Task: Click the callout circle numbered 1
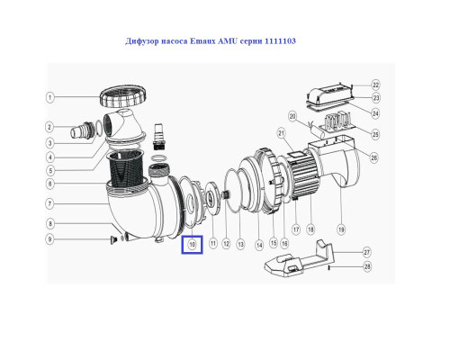pyautogui.click(x=50, y=97)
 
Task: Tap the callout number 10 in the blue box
pyautogui.click(x=192, y=245)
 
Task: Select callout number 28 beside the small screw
pyautogui.click(x=367, y=266)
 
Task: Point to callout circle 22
pyautogui.click(x=375, y=85)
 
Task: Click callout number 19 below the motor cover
pyautogui.click(x=341, y=230)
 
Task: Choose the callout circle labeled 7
pyautogui.click(x=50, y=204)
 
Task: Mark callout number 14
pyautogui.click(x=259, y=246)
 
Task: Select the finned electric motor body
pyautogui.click(x=303, y=174)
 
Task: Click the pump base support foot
pyautogui.click(x=299, y=258)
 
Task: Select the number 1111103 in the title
pyautogui.click(x=280, y=41)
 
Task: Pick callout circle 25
pyautogui.click(x=375, y=134)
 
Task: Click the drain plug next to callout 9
pyautogui.click(x=113, y=239)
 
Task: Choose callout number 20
pyautogui.click(x=292, y=116)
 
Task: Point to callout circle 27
pyautogui.click(x=367, y=252)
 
